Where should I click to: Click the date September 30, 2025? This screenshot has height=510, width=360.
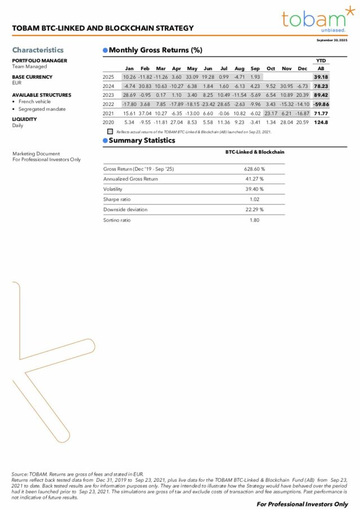(332, 41)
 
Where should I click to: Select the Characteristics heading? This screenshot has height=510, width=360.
(38, 50)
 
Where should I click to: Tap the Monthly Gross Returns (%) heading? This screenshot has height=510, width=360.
(155, 50)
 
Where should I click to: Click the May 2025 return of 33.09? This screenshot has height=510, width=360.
(192, 77)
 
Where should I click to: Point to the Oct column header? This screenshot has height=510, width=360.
(271, 68)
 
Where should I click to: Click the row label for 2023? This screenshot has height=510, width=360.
(108, 95)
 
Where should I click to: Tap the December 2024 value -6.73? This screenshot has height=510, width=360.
(302, 86)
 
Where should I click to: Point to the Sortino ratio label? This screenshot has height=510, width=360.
(116, 220)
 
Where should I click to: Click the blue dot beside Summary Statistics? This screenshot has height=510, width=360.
(105, 141)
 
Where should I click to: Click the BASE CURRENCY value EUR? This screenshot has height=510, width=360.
(16, 83)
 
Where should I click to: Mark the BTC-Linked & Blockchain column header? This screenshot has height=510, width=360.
(254, 152)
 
